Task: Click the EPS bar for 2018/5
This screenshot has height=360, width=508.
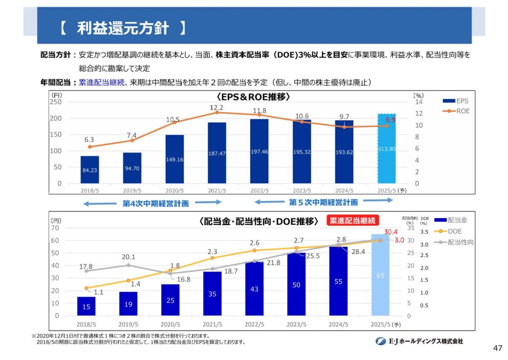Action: click(90, 169)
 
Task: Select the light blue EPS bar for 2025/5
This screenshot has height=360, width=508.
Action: click(386, 148)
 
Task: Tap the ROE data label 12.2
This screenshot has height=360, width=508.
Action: click(216, 108)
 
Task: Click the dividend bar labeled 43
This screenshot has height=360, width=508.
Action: click(254, 288)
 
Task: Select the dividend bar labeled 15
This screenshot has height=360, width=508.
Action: click(86, 306)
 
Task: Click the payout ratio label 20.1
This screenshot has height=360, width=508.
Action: click(128, 257)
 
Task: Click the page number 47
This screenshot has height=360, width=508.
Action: click(498, 348)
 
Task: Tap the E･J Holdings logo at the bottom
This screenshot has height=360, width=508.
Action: click(419, 341)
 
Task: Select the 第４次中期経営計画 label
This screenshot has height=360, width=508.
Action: click(155, 203)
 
